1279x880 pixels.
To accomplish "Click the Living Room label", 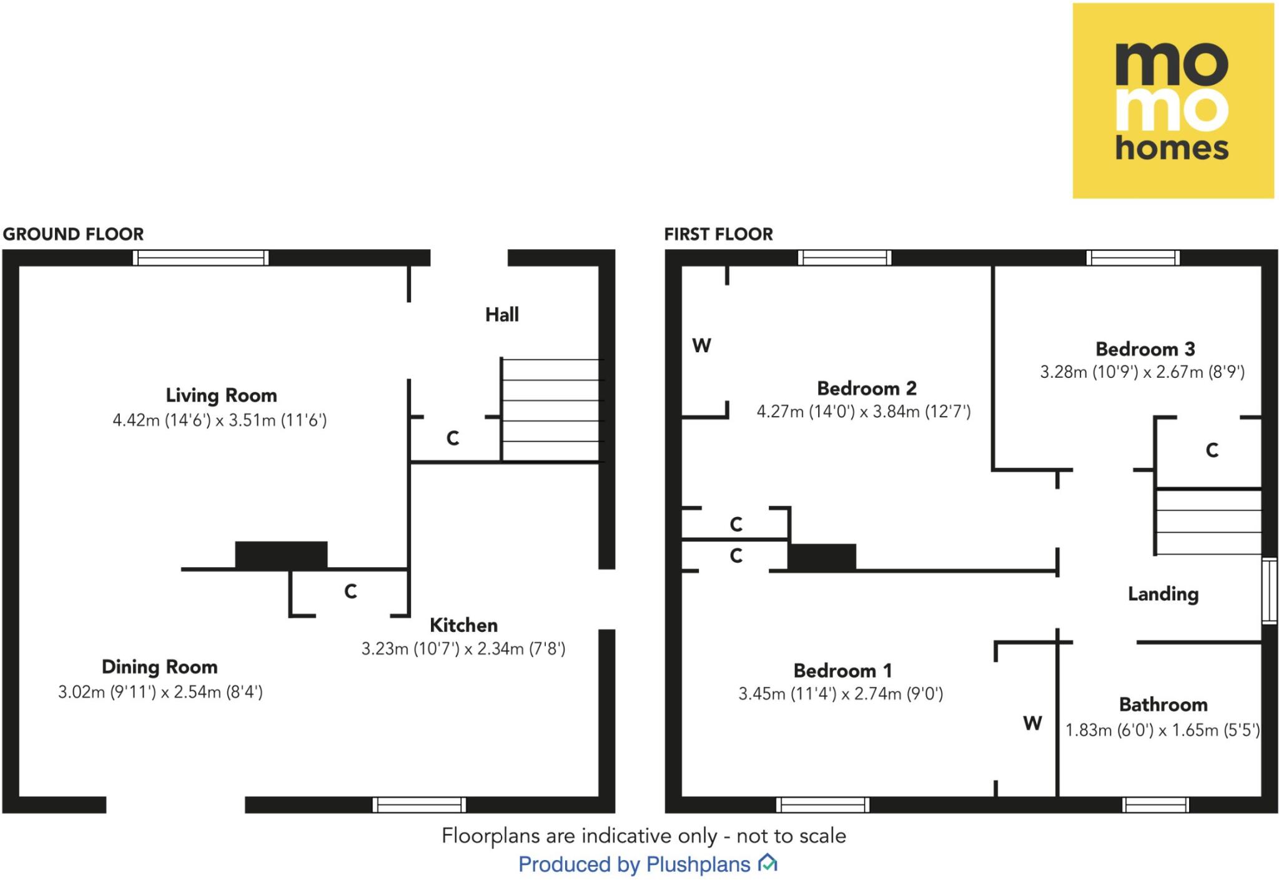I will click(x=221, y=395).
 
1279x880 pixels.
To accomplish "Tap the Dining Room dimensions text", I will click(x=160, y=692).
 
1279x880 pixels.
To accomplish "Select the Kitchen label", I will click(x=463, y=625).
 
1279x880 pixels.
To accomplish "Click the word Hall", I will click(x=502, y=314).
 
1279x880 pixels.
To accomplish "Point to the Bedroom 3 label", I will click(x=1145, y=349).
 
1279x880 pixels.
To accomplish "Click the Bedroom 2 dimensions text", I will click(x=864, y=412).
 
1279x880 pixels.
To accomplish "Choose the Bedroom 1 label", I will click(x=842, y=670).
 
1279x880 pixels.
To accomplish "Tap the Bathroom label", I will click(x=1163, y=704).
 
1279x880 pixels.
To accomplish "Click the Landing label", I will click(x=1163, y=593).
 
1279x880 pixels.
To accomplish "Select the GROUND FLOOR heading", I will click(x=73, y=234).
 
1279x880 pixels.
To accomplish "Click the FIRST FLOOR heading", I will click(x=718, y=234).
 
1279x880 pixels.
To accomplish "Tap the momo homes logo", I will click(x=1173, y=101).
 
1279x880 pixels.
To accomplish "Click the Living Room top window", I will click(x=200, y=257).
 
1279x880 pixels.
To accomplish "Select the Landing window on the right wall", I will click(x=1269, y=591).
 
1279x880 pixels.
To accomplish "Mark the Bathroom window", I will click(x=1155, y=805).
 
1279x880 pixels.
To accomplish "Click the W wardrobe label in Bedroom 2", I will click(x=701, y=345).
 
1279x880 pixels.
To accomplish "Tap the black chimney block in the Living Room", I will click(x=281, y=555).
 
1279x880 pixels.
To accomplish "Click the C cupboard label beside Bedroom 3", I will click(x=1212, y=450).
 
